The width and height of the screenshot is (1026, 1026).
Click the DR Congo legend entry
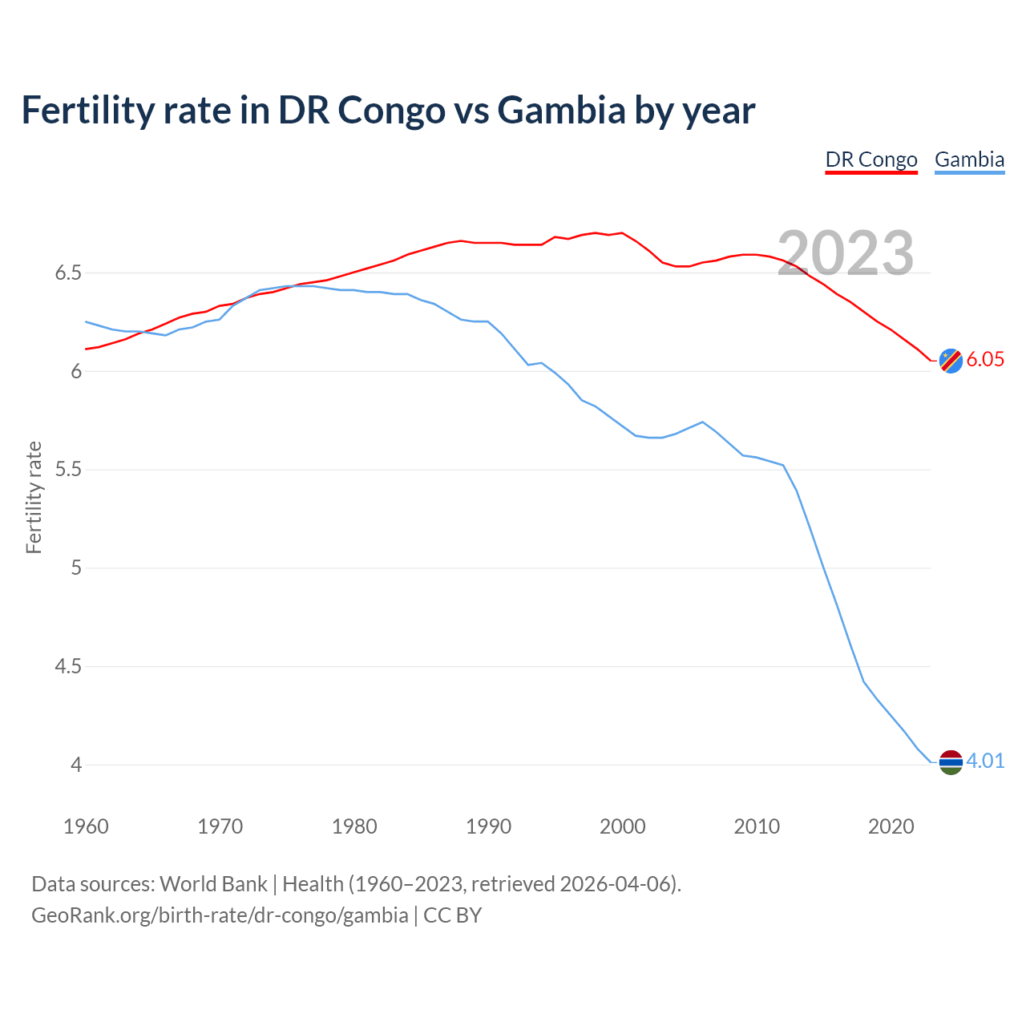click(871, 160)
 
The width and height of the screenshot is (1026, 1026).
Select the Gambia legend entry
click(969, 160)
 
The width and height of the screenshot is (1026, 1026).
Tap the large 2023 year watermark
click(846, 253)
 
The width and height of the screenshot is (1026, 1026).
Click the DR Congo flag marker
click(950, 361)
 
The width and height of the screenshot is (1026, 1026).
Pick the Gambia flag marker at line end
click(950, 762)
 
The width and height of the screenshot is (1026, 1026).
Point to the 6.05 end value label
click(985, 360)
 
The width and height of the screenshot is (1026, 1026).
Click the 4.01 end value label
click(985, 761)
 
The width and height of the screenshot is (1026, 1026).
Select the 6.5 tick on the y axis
click(68, 273)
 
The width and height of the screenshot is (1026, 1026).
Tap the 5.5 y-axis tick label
click(68, 470)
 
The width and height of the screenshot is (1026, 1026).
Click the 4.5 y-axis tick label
click(68, 667)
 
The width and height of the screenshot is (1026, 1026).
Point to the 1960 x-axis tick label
click(86, 826)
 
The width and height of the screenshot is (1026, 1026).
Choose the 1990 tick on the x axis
click(488, 826)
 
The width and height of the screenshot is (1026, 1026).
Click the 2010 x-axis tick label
click(757, 826)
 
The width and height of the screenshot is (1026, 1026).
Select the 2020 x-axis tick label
click(891, 826)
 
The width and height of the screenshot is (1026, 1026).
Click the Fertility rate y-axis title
click(34, 497)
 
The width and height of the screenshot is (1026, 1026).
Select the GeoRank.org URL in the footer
click(220, 915)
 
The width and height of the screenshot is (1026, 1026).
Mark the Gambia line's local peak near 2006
click(703, 422)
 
